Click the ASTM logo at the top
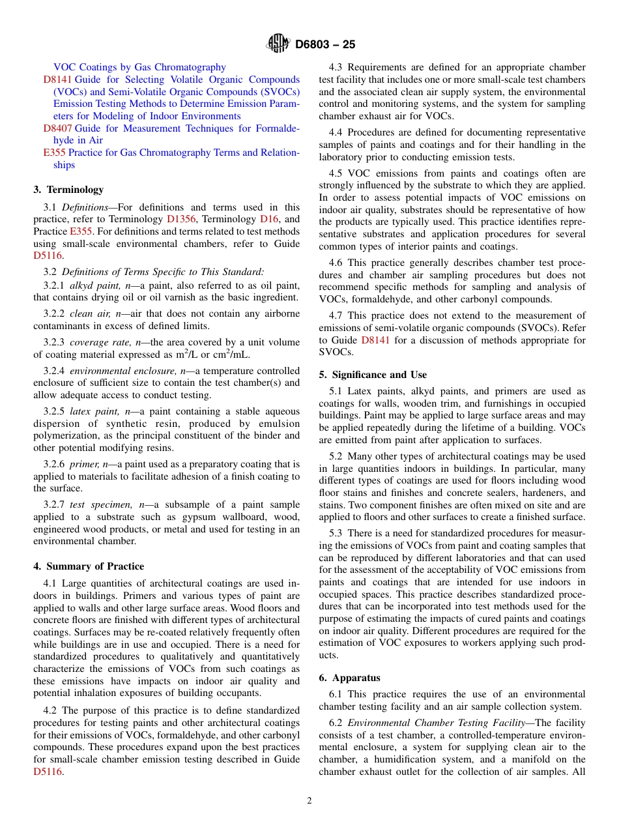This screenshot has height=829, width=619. pos(278,44)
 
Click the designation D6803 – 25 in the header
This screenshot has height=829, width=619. pos(325,45)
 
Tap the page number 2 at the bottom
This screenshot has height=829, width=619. pos(309,801)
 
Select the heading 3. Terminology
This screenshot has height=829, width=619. pos(68,190)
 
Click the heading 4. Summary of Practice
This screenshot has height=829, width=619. pos(89,566)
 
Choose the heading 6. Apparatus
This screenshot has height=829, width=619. pos(349,678)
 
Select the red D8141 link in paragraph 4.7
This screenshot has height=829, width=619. pos(375,340)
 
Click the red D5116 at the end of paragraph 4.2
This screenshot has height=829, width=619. pos(47,772)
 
